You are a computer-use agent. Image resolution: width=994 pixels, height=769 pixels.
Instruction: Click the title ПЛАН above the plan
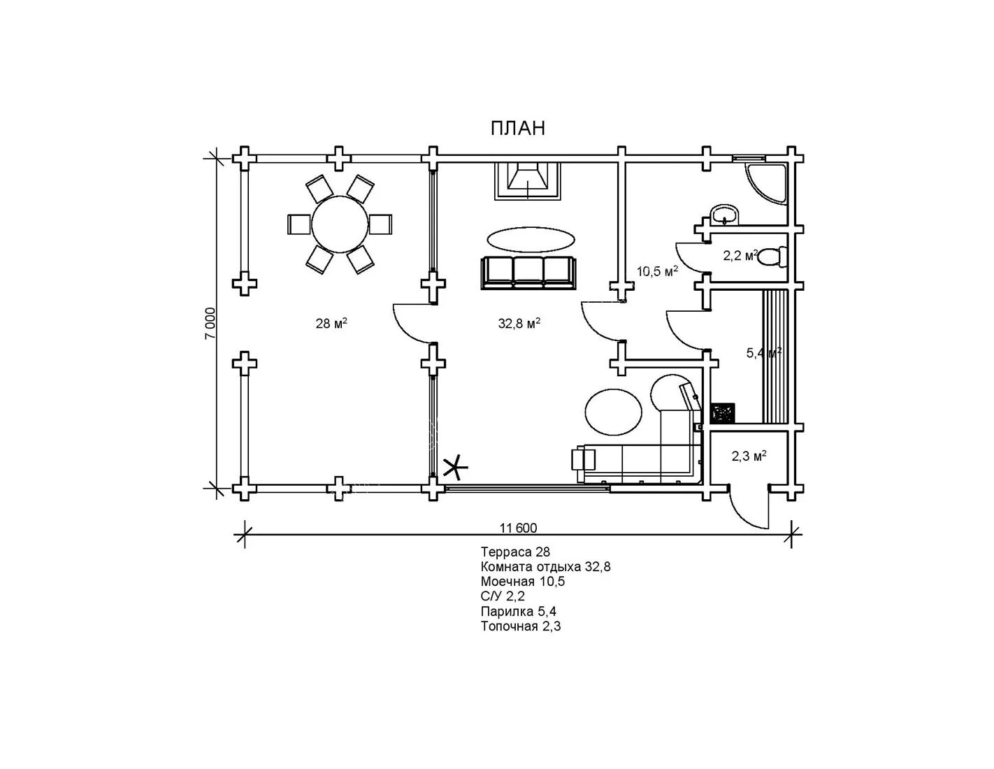[518, 129]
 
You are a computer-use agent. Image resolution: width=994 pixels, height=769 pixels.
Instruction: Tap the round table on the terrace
[340, 224]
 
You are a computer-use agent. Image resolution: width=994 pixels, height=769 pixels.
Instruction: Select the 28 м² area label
[331, 324]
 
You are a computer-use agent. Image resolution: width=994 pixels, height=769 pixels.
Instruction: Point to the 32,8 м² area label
[519, 324]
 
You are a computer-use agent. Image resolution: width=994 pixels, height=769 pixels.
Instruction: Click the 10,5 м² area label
[657, 271]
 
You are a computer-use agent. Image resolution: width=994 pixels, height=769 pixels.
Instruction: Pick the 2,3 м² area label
[749, 456]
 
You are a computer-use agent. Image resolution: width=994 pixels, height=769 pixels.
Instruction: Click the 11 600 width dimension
[518, 528]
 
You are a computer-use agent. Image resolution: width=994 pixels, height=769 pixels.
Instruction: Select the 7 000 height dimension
[210, 324]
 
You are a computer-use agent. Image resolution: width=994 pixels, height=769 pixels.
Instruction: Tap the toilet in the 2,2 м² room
[772, 257]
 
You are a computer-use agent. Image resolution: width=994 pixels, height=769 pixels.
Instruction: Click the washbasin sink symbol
[725, 215]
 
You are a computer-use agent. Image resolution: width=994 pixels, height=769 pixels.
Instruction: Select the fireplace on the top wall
[528, 181]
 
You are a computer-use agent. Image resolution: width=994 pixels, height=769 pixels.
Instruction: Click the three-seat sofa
[528, 273]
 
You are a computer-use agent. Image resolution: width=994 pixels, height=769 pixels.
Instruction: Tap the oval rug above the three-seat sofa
[531, 239]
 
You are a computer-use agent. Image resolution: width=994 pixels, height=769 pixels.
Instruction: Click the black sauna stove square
[723, 412]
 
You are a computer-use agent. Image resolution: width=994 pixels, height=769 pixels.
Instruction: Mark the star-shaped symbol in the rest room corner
[455, 468]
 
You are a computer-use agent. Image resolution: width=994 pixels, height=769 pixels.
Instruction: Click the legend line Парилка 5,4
[518, 611]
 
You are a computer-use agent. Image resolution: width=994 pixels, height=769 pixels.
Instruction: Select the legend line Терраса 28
[515, 552]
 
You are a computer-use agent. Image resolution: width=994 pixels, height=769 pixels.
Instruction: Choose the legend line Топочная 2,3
[521, 626]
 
